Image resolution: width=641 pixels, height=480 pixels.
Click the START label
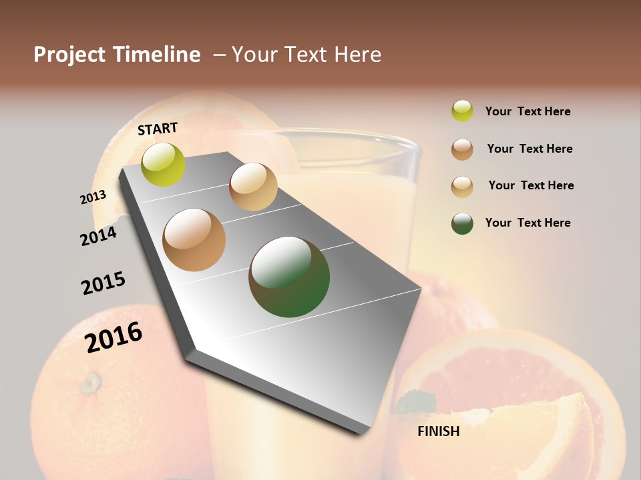click(158, 129)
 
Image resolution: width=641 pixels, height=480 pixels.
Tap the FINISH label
click(438, 431)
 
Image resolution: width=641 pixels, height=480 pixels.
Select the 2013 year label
click(93, 197)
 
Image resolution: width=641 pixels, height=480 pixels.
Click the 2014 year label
click(99, 236)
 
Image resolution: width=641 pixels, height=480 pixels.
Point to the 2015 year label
click(103, 283)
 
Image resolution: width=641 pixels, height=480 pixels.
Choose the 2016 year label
click(114, 337)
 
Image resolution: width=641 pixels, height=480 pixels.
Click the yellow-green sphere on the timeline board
click(164, 164)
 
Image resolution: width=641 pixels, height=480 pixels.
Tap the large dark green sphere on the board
click(289, 277)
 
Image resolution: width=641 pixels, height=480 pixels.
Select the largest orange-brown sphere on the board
click(194, 240)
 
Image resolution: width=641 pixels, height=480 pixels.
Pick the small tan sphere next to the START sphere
click(253, 187)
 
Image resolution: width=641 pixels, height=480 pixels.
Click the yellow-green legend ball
click(462, 111)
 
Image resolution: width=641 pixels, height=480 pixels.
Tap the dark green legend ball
click(462, 223)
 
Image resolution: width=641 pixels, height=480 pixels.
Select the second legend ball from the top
click(462, 149)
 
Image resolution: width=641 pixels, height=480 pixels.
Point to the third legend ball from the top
click(462, 186)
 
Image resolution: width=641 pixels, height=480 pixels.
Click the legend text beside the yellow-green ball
click(527, 111)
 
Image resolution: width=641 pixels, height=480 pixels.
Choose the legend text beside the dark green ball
click(527, 223)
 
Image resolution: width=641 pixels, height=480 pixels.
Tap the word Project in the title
click(69, 55)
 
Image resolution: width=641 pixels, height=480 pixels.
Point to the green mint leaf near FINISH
click(417, 402)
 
